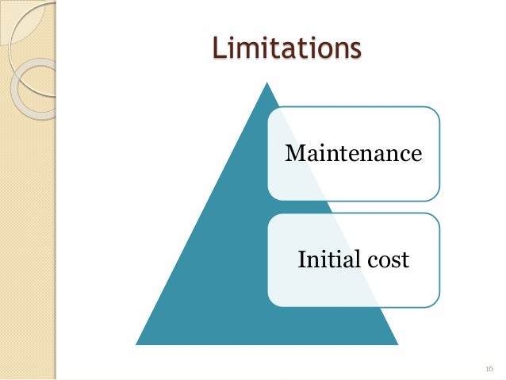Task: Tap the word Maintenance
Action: coord(353,152)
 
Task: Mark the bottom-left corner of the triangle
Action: coord(136,344)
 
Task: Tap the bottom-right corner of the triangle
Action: coord(397,344)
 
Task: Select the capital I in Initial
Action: coord(301,259)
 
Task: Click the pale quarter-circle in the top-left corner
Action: coord(11,11)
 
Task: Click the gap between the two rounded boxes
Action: coord(353,206)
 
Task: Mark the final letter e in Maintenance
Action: coord(415,154)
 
